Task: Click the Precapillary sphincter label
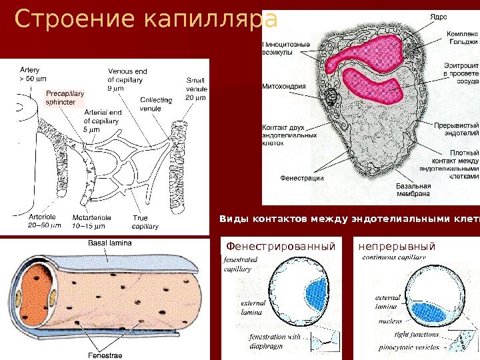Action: coord(61,99)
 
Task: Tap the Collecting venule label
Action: coord(156,103)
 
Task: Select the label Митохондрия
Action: coord(284,86)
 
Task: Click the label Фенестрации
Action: coord(302,178)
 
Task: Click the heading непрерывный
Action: coord(397,247)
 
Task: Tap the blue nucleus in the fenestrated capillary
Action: coord(316,292)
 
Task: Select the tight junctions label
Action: coord(417,334)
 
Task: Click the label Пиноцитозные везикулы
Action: coord(285,49)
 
